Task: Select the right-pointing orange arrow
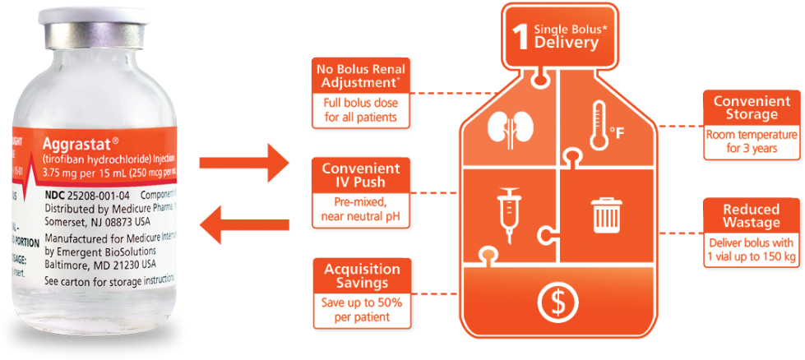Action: point(246,164)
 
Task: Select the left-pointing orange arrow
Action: point(244,226)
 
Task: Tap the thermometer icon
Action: point(597,125)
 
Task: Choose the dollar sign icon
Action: point(557,303)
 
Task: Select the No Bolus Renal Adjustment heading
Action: point(359,76)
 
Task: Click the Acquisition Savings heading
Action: point(362,275)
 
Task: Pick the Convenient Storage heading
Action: point(752,108)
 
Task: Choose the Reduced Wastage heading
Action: point(752,216)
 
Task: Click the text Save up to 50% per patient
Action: point(362,309)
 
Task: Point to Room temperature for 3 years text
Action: point(752,141)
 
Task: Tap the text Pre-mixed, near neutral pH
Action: point(359,208)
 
